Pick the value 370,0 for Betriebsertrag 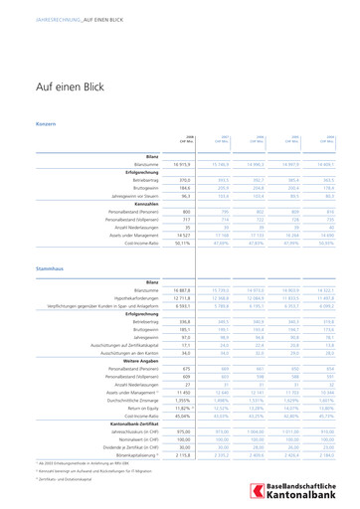click(183, 178)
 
